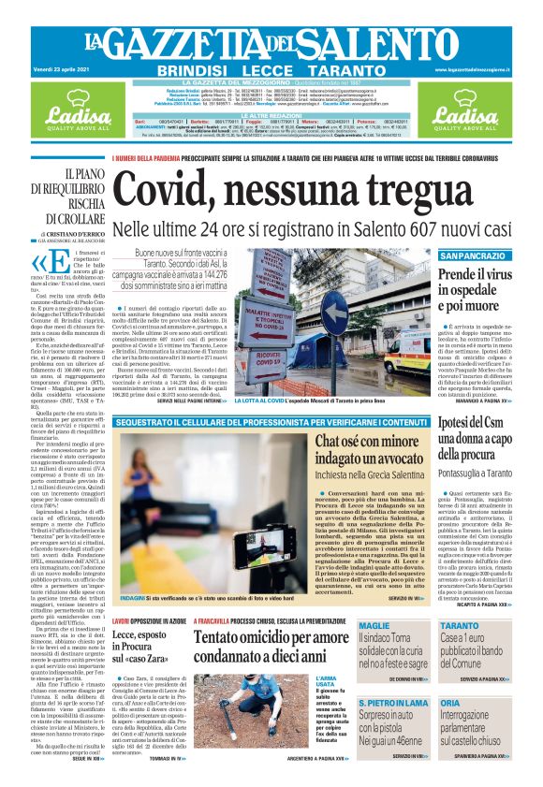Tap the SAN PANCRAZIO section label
[473, 255]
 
